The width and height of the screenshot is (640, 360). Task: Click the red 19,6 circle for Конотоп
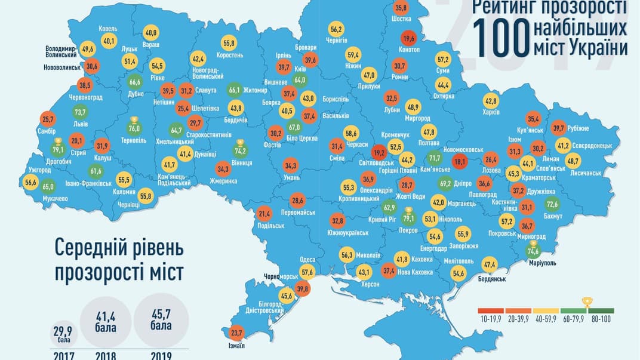point(408,39)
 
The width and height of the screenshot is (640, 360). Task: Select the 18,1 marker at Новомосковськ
point(459,162)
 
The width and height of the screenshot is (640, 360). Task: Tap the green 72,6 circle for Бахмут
point(552,205)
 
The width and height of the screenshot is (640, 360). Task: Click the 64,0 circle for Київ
point(300,80)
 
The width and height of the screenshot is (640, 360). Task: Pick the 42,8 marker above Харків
point(490,101)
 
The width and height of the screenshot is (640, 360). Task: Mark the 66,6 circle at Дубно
point(135,82)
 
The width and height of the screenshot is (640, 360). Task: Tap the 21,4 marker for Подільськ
point(264,214)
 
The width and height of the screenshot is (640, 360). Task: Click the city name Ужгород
point(40,171)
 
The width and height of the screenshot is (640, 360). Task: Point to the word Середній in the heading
point(91,247)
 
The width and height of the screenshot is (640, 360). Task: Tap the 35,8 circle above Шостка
point(401,8)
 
